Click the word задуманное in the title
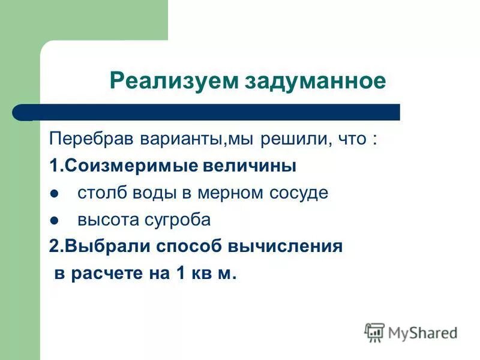pyautogui.click(x=316, y=80)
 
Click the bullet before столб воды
pyautogui.click(x=54, y=194)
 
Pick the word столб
pyautogui.click(x=97, y=193)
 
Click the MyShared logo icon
pyautogui.click(x=374, y=332)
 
